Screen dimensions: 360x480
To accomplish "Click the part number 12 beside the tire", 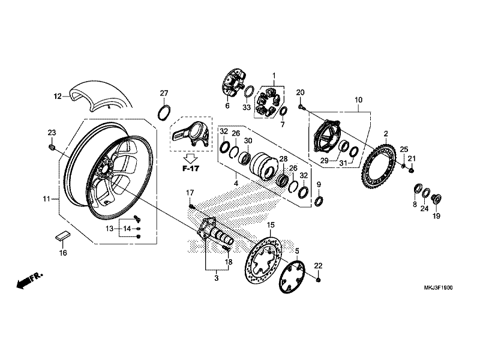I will tap(58, 96).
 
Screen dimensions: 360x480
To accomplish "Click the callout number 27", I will tap(164, 92).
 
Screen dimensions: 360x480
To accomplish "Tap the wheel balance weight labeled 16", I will tap(62, 236).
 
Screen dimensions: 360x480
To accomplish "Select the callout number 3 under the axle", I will tap(217, 278).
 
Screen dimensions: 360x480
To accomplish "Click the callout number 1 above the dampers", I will tap(274, 76).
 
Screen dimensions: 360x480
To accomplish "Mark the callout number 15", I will tap(271, 224).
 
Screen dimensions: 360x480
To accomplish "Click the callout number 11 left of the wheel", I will tap(47, 198).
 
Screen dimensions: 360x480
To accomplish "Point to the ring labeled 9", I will tap(319, 200).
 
